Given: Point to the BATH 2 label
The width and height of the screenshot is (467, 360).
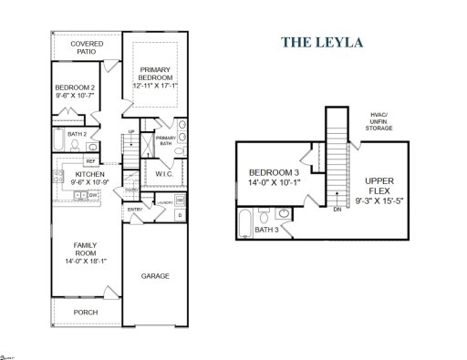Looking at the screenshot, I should tap(78, 134).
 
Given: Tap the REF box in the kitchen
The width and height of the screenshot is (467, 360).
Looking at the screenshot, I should tap(91, 161).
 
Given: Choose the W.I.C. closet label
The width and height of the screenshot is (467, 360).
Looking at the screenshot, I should tap(164, 173).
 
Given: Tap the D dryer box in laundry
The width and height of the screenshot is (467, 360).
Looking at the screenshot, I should tap(179, 215).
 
